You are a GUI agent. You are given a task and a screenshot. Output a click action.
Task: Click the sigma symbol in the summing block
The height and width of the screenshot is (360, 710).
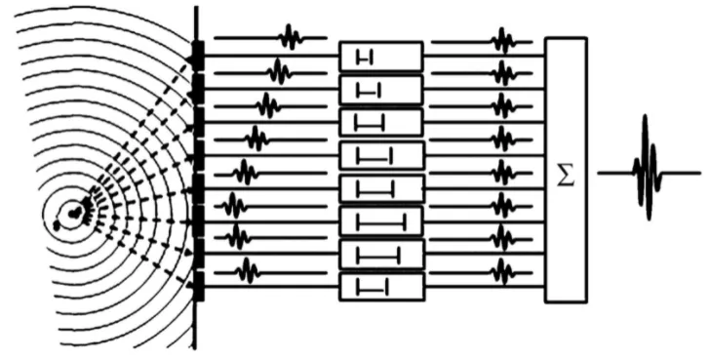pyautogui.click(x=565, y=175)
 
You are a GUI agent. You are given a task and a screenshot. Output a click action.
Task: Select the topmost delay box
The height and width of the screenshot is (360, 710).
pyautogui.click(x=380, y=57)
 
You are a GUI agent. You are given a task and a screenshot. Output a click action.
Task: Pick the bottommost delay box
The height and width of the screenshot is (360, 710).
pyautogui.click(x=380, y=287)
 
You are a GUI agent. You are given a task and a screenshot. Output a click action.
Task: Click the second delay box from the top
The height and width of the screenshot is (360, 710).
pyautogui.click(x=380, y=90)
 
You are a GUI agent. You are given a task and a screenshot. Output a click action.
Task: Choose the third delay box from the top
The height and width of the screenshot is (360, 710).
pyautogui.click(x=380, y=122)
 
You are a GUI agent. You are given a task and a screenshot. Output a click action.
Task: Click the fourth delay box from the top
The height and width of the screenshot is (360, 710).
pyautogui.click(x=380, y=155)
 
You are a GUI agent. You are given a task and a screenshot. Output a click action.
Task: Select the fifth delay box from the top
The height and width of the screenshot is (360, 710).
pyautogui.click(x=380, y=188)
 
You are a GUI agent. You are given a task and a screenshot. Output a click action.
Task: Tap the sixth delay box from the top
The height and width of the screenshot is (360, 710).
pyautogui.click(x=380, y=221)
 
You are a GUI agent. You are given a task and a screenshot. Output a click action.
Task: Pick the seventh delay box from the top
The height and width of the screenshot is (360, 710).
pyautogui.click(x=380, y=255)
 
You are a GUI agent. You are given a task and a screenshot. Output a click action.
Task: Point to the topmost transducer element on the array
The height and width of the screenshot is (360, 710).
pyautogui.click(x=198, y=49)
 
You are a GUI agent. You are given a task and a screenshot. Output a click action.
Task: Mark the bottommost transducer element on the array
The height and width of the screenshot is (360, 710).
pyautogui.click(x=199, y=287)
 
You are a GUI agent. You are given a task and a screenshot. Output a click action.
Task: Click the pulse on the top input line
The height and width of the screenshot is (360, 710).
pyautogui.click(x=290, y=38)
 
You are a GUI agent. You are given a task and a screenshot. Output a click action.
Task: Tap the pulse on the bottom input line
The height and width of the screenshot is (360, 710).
pyautogui.click(x=248, y=269)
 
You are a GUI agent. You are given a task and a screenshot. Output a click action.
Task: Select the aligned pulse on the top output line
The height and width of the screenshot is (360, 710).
pyautogui.click(x=502, y=41)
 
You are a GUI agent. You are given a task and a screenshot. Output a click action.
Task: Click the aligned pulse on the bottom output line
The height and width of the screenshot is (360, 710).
pyautogui.click(x=502, y=269)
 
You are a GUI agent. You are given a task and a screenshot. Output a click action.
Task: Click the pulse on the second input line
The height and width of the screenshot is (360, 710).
pyautogui.click(x=279, y=71)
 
